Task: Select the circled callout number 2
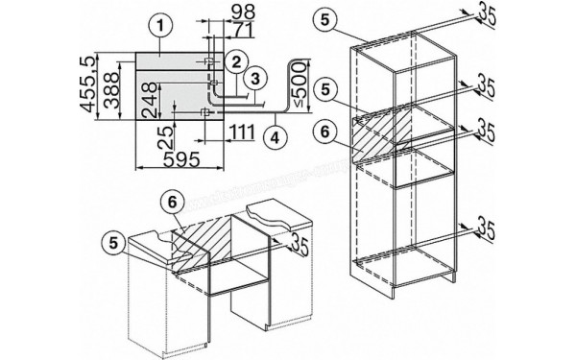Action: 232,61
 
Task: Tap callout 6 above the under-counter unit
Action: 170,204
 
